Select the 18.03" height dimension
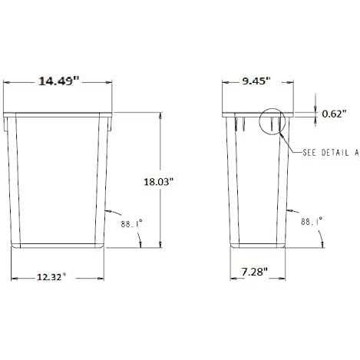(159, 182)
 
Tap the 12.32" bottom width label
(51, 276)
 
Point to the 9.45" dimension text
(256, 81)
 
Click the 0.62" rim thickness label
(334, 114)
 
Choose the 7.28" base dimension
(255, 272)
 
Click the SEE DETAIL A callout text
(330, 153)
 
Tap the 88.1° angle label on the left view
(131, 224)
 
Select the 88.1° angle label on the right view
(311, 221)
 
